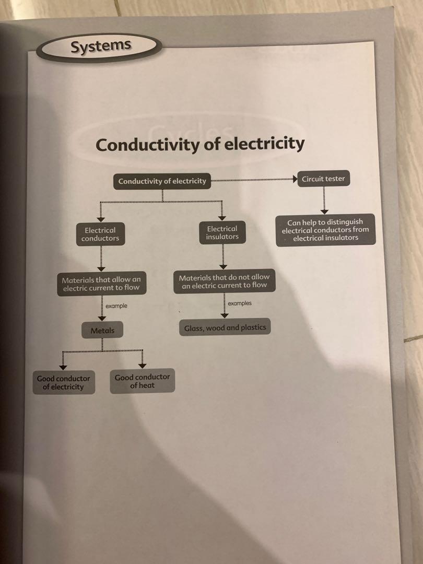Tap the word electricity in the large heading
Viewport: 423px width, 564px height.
pyautogui.click(x=264, y=143)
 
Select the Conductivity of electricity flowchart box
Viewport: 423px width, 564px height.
pyautogui.click(x=162, y=182)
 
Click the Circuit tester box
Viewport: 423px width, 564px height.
pyautogui.click(x=323, y=179)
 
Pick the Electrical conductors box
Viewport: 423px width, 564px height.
pyautogui.click(x=100, y=234)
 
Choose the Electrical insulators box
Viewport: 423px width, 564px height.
pyautogui.click(x=222, y=233)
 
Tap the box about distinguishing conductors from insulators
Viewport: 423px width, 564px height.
pyautogui.click(x=325, y=230)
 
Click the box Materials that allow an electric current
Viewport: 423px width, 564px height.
pyautogui.click(x=101, y=284)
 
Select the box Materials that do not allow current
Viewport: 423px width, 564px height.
pyautogui.click(x=224, y=281)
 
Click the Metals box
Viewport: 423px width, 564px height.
pyautogui.click(x=102, y=331)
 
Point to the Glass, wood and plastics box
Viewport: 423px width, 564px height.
pyautogui.click(x=225, y=328)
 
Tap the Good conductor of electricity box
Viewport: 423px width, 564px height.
pyautogui.click(x=63, y=383)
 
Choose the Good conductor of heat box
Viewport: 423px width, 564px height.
pyautogui.click(x=142, y=381)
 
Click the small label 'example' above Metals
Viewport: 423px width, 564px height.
pyautogui.click(x=116, y=306)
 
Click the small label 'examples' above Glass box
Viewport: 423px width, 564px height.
pyautogui.click(x=240, y=303)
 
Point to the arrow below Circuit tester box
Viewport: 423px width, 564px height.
pyautogui.click(x=324, y=201)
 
